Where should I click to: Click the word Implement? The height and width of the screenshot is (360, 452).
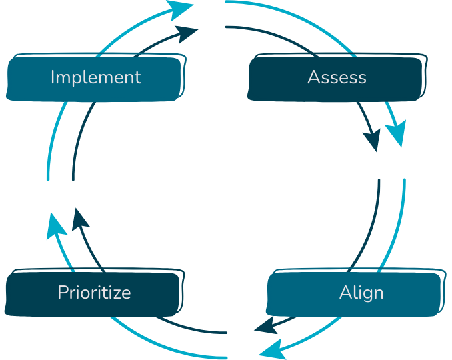(95, 77)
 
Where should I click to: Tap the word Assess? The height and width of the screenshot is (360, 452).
(337, 77)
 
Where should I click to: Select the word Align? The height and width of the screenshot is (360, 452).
(361, 293)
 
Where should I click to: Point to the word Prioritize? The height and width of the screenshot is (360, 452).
(94, 293)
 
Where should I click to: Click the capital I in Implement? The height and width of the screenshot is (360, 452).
(53, 77)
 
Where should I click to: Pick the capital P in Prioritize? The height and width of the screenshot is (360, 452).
(61, 293)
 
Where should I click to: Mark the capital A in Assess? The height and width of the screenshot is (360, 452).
(313, 77)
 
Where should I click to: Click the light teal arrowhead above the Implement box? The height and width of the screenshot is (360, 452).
(181, 9)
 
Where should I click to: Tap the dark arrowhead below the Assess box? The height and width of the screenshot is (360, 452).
(373, 141)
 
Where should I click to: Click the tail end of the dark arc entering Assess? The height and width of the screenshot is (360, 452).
(227, 27)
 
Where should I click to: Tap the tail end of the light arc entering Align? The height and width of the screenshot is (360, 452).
(404, 179)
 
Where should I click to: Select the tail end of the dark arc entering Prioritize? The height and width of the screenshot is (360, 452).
(226, 332)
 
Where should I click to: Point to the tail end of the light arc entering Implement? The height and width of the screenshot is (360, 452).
(48, 179)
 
